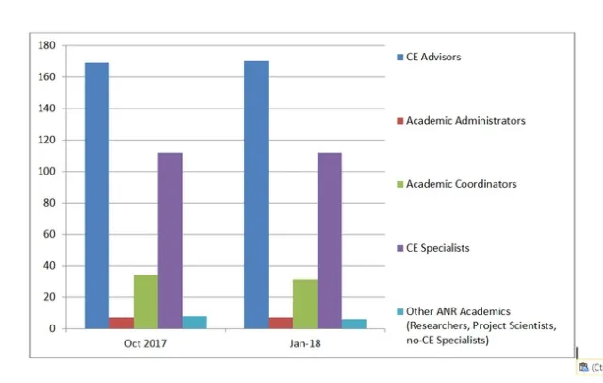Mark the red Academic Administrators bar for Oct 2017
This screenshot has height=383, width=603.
(x=122, y=323)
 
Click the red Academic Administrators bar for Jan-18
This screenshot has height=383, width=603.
(x=281, y=323)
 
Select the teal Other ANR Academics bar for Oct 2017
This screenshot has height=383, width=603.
(x=195, y=323)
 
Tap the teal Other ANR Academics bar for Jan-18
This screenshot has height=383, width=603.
(x=354, y=324)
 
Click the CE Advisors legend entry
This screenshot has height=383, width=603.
(x=432, y=58)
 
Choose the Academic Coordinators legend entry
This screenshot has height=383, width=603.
(x=461, y=184)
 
